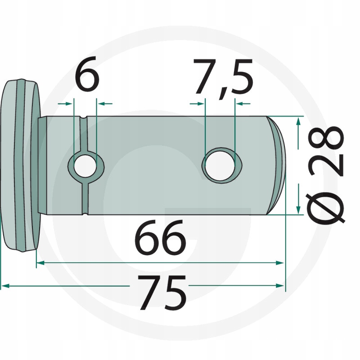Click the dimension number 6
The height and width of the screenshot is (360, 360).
[87, 74]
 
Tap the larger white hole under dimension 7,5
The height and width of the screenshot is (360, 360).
[220, 166]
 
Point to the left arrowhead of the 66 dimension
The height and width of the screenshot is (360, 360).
[40, 263]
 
